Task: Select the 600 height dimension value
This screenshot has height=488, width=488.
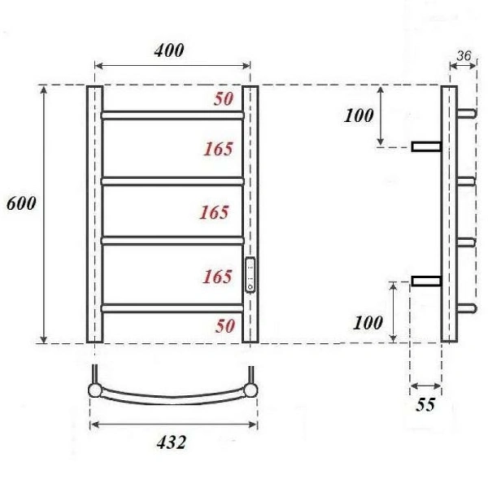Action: click(x=20, y=204)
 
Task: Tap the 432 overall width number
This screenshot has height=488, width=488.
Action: click(x=172, y=442)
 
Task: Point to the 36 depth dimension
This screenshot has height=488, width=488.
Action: click(x=465, y=55)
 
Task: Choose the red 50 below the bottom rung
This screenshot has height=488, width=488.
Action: click(x=225, y=325)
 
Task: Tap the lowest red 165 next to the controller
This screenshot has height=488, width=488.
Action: click(x=217, y=277)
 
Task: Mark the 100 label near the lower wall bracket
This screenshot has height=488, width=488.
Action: click(x=368, y=322)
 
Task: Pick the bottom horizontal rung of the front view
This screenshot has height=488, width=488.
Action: click(x=172, y=307)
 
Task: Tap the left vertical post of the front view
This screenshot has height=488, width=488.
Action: click(x=94, y=215)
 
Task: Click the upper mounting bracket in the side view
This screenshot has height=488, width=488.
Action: click(x=425, y=146)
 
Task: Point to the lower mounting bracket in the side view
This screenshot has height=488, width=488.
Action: click(x=425, y=281)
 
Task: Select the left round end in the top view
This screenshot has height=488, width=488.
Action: click(x=96, y=390)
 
